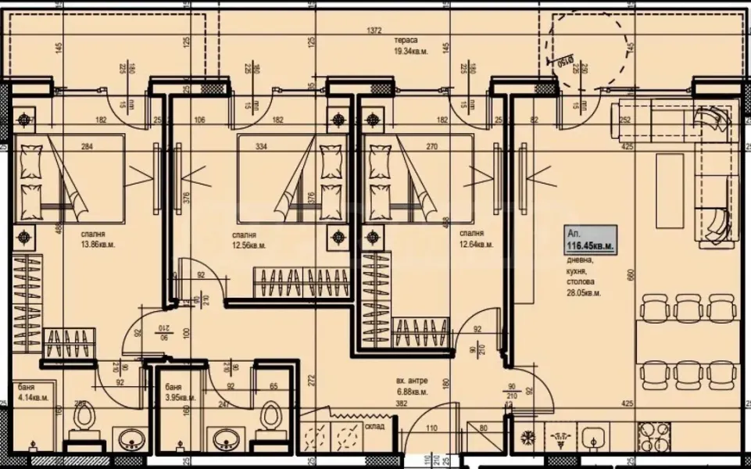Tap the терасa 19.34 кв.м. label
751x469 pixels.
[x=406, y=47]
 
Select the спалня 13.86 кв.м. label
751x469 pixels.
[x=95, y=239]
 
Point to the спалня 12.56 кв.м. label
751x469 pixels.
[x=249, y=239]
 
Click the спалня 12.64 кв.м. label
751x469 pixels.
[x=476, y=239]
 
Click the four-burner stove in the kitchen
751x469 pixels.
[x=653, y=434]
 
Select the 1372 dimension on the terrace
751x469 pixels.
[x=376, y=30]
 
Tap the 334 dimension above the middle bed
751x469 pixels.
[x=261, y=145]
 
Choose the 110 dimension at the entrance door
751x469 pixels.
[x=431, y=428]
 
